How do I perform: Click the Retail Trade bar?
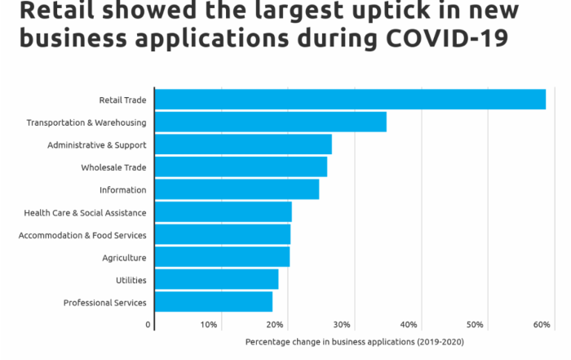349,100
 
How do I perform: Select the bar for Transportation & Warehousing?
270,122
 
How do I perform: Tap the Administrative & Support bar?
242,144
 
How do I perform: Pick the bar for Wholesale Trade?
240,167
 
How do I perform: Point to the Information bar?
236,189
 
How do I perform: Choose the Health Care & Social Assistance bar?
223,212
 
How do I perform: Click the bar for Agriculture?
221,257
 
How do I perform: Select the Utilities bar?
216,280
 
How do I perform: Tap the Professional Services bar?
213,302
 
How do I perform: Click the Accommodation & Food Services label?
82,235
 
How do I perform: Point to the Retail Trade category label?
122,100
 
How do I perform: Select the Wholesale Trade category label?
113,167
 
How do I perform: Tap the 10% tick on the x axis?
209,325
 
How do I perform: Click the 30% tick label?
342,325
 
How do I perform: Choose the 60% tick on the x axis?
542,325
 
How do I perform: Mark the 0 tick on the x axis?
148,325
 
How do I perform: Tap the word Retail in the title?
53,11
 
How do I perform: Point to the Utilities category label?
131,280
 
